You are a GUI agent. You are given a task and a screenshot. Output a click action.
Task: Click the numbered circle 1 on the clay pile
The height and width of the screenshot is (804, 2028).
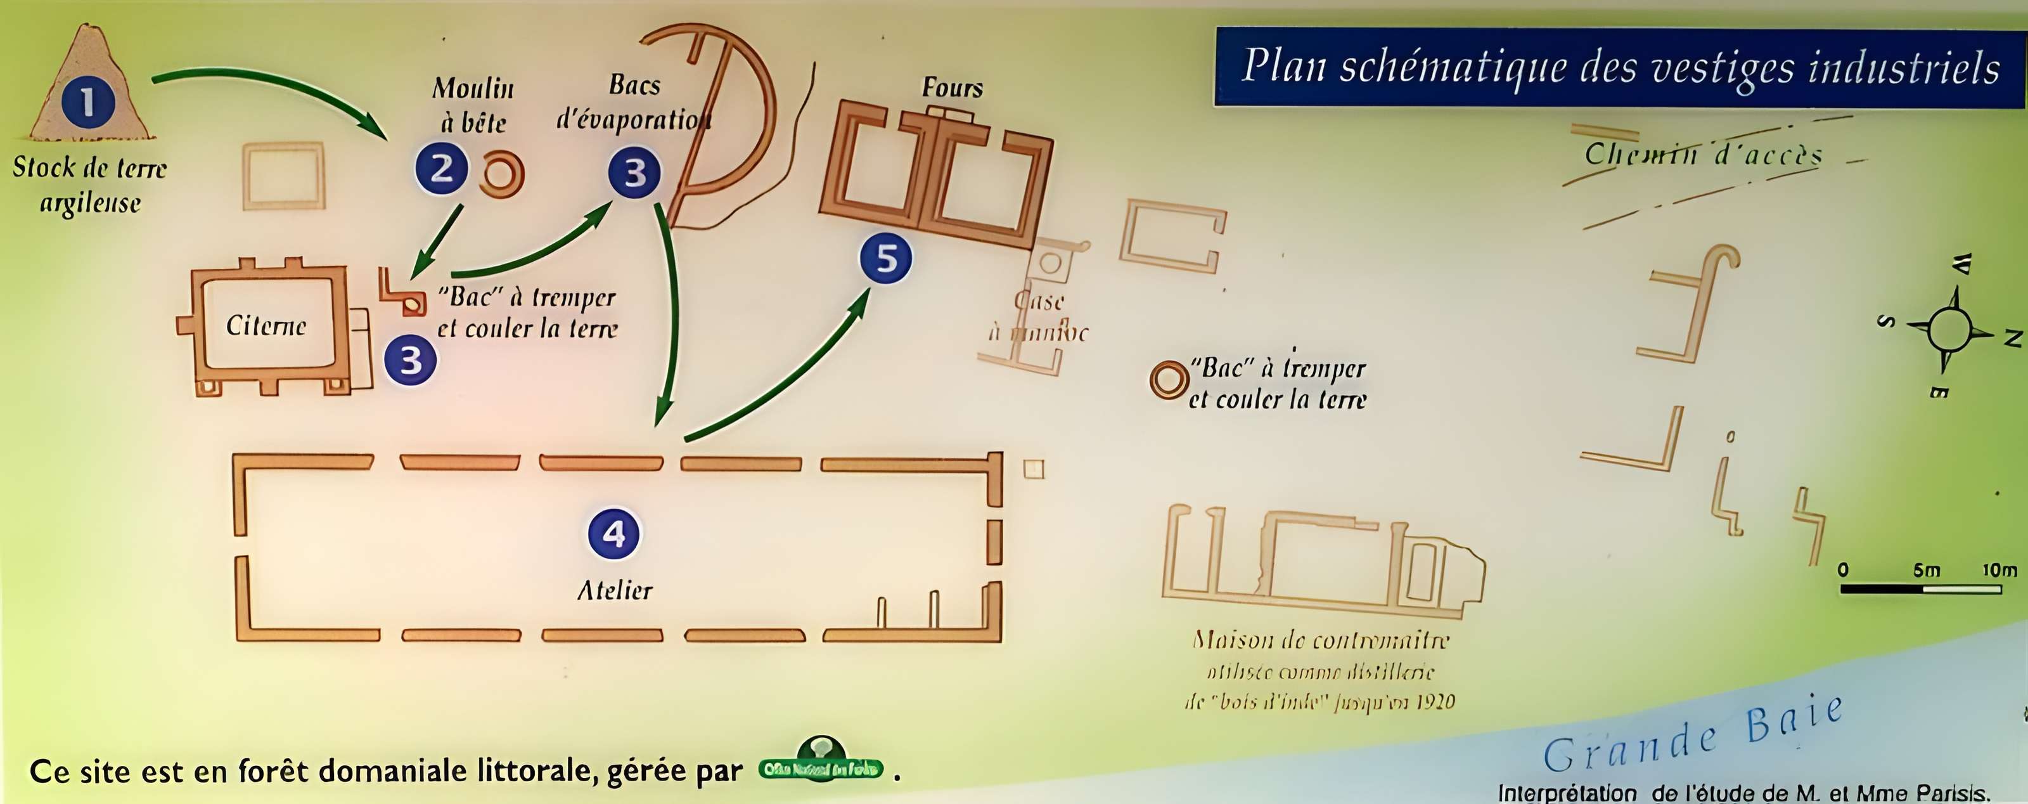tap(87, 101)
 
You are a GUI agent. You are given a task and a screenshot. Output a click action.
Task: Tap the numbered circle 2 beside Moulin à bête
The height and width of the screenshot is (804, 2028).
tap(442, 169)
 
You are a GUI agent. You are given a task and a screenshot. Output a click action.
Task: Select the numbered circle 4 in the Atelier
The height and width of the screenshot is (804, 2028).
tap(613, 534)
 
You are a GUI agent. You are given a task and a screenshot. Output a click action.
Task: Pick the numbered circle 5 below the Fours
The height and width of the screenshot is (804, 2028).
tap(886, 258)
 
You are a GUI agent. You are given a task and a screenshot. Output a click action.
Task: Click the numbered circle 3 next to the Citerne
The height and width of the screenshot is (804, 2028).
tap(410, 360)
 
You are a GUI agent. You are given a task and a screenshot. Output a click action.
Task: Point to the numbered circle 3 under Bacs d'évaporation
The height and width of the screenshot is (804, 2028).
tap(634, 172)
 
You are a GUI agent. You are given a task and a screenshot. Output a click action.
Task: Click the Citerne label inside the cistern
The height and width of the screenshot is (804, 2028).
tap(266, 325)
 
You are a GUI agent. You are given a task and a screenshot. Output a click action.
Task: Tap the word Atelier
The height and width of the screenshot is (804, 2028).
tap(615, 590)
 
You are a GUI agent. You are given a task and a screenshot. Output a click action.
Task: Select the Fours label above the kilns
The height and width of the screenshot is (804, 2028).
tap(952, 88)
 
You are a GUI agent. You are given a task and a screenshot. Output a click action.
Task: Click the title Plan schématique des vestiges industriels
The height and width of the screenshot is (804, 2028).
tap(1620, 67)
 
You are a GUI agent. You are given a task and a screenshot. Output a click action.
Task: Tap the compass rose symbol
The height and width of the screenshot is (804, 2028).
tap(1949, 329)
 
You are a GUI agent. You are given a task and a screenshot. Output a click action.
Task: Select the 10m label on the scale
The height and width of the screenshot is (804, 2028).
tap(1999, 569)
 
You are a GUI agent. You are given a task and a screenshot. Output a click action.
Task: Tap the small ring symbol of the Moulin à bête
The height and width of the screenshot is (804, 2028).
tap(501, 174)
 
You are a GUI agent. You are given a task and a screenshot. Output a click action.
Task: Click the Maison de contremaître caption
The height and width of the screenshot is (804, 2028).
tap(1319, 670)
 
